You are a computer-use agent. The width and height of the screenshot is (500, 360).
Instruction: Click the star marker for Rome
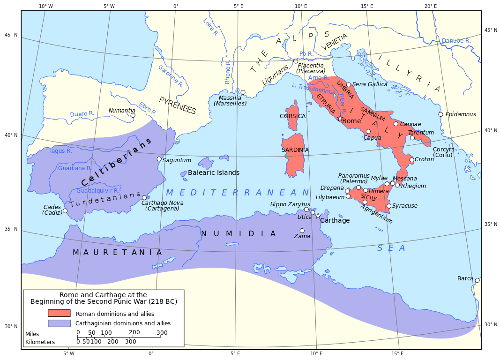[340, 119]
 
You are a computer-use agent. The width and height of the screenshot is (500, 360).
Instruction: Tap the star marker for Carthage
[318, 216]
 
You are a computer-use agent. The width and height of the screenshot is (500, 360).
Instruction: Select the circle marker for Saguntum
[159, 159]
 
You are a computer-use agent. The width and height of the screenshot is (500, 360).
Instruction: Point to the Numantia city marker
[133, 115]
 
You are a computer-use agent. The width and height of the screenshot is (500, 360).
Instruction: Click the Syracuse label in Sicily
[404, 206]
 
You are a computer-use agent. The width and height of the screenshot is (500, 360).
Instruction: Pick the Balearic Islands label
[214, 172]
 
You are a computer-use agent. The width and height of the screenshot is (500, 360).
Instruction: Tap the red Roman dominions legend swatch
[59, 313]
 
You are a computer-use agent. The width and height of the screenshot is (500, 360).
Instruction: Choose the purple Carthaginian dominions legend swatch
[59, 323]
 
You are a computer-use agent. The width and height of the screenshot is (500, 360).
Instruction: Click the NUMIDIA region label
[239, 233]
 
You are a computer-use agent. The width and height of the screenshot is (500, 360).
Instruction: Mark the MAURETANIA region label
[117, 252]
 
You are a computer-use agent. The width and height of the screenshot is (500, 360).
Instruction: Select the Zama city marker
[302, 231]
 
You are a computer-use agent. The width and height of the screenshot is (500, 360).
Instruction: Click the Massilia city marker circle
[243, 92]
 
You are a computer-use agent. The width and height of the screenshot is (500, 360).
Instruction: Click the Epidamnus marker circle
[440, 114]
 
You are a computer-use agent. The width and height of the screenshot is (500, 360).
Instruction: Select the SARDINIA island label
[295, 150]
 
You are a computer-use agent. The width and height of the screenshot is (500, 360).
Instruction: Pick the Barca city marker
[477, 280]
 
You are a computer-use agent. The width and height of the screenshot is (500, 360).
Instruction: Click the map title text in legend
[104, 298]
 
